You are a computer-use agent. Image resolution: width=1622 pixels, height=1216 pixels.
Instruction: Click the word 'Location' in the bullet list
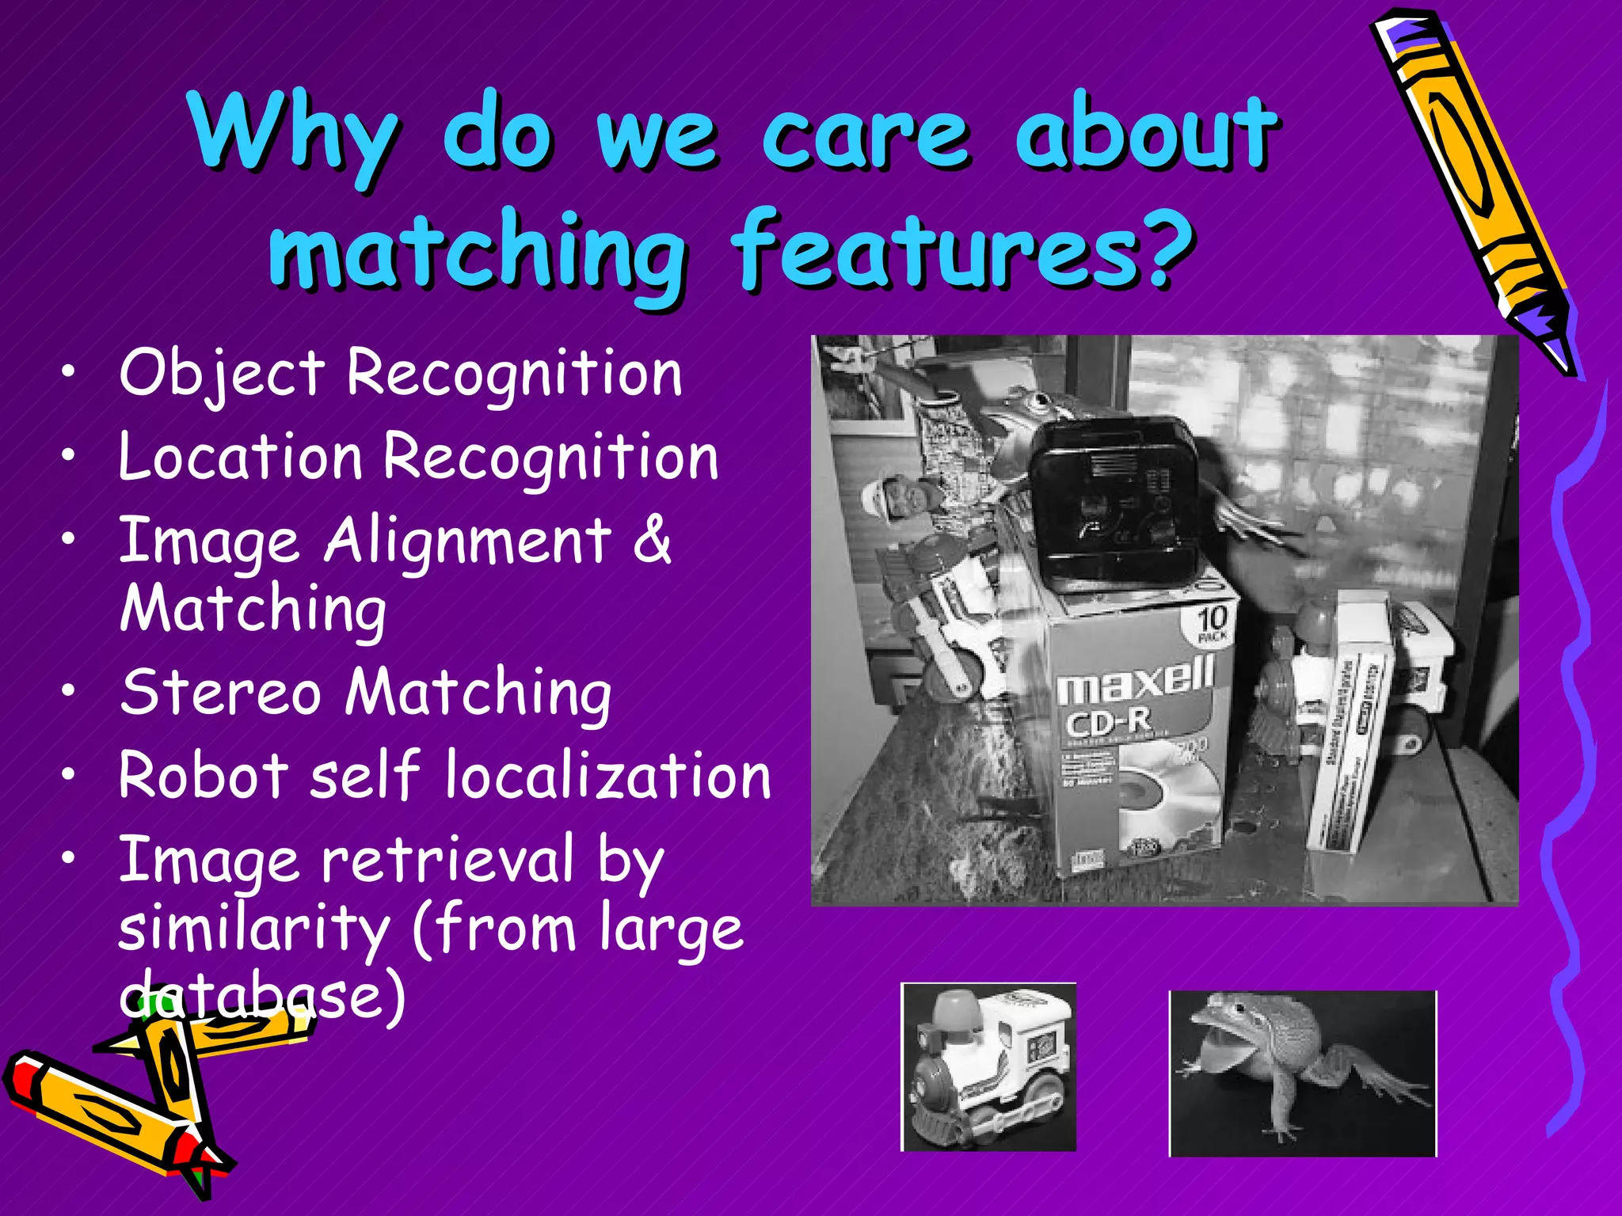tap(241, 458)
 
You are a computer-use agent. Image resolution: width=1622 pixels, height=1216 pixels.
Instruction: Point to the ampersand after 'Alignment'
tap(651, 540)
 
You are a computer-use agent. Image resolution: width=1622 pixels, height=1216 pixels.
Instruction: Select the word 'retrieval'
tap(447, 860)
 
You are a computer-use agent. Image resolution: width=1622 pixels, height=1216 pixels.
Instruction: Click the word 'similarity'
tap(254, 928)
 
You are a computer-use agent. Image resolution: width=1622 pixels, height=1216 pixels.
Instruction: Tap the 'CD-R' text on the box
tap(1107, 722)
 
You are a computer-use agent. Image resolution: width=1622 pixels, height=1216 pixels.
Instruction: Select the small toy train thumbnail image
tap(988, 1067)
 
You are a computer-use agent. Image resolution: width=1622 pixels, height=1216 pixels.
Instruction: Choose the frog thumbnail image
tap(1303, 1073)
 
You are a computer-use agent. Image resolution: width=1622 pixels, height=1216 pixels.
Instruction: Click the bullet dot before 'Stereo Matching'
tap(70, 690)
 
